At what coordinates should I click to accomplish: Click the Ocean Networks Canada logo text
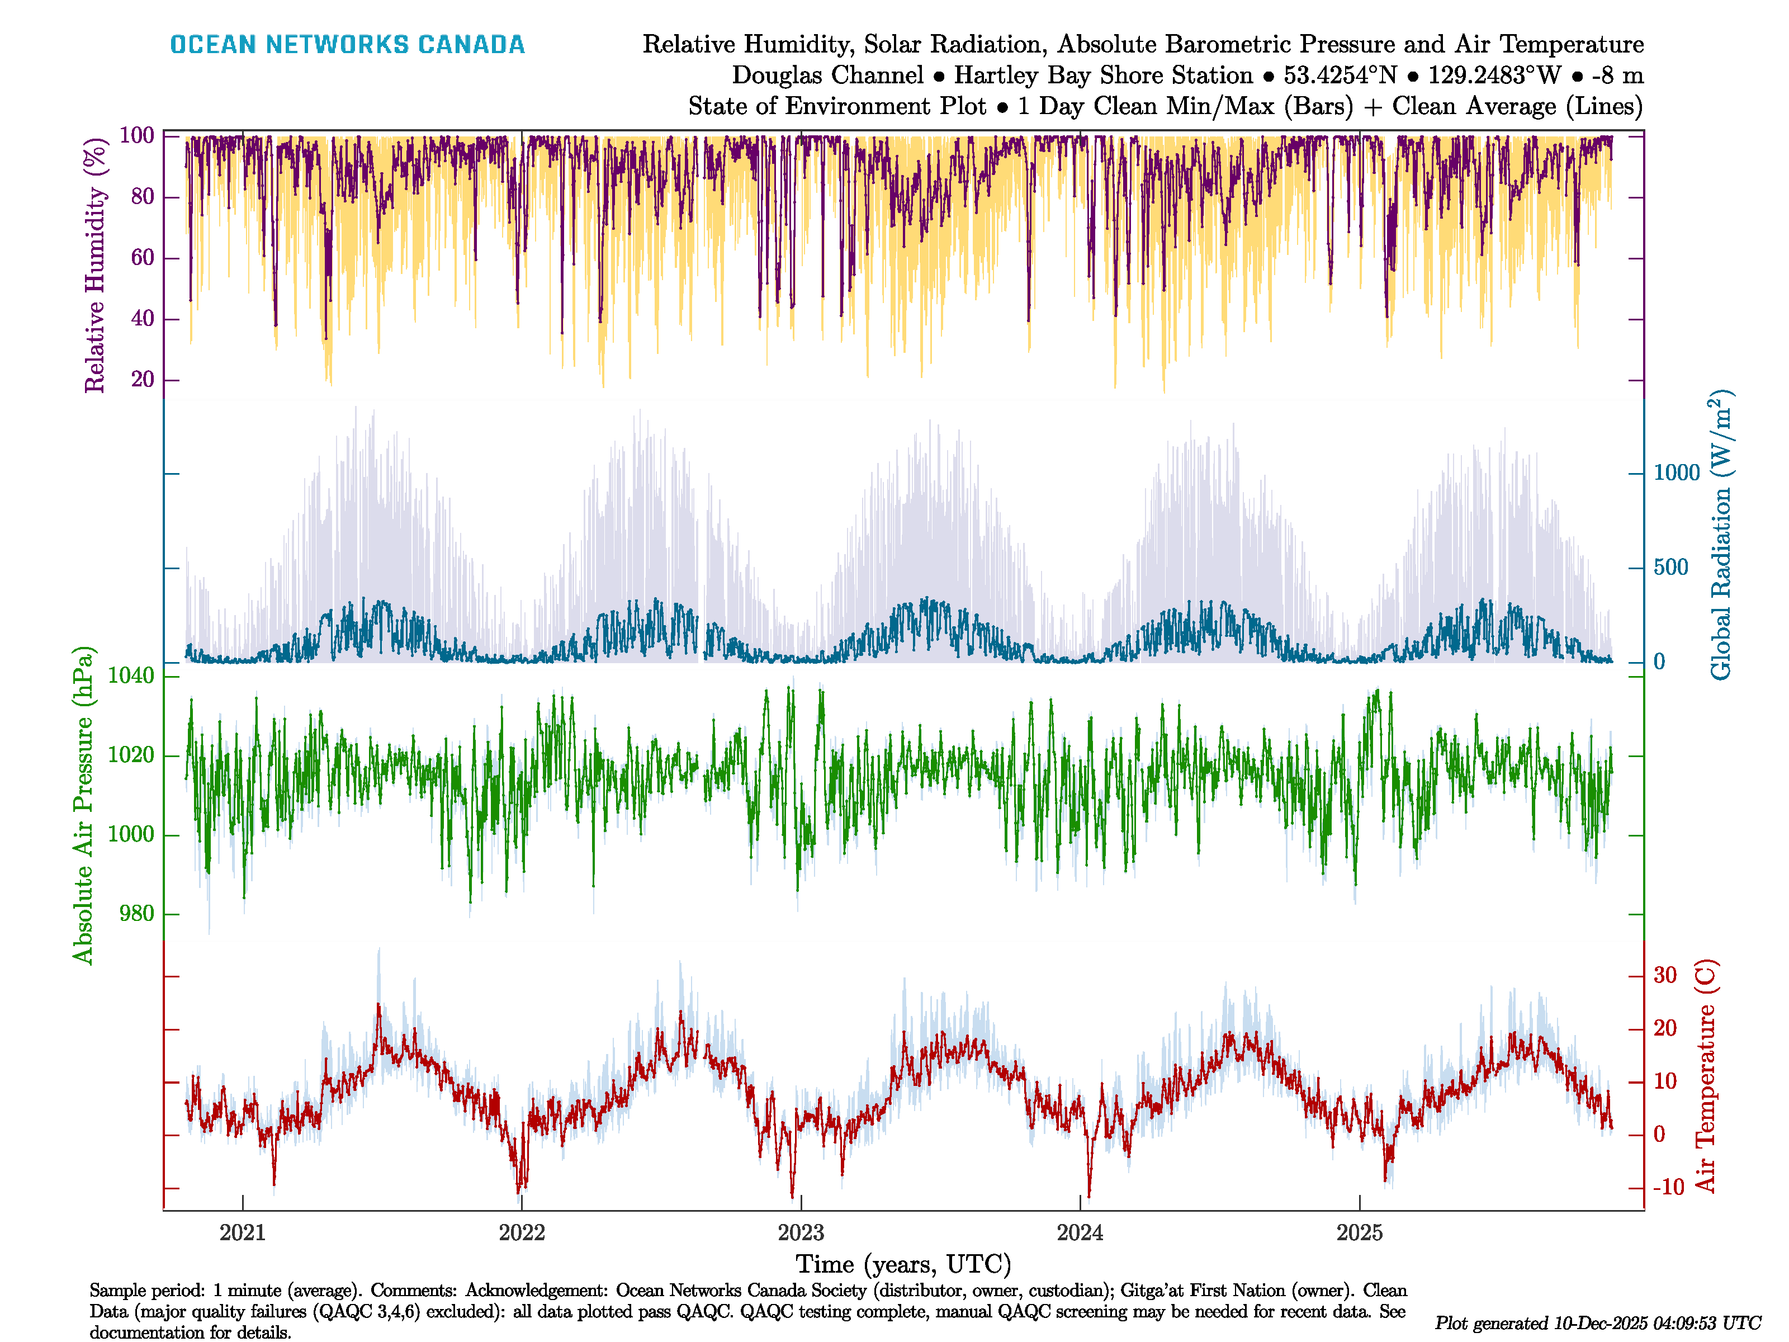[347, 45]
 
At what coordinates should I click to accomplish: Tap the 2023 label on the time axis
[801, 1233]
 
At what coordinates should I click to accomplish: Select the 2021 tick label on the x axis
[243, 1233]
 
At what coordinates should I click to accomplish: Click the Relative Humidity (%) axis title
[96, 266]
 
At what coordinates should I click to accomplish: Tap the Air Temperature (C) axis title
[1705, 1076]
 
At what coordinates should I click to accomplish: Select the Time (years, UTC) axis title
[903, 1264]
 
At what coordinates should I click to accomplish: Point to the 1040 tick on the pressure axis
[131, 675]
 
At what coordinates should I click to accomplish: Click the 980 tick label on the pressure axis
[136, 914]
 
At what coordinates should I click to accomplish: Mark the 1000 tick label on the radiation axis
[1677, 473]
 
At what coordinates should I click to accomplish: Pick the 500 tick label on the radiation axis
[1671, 568]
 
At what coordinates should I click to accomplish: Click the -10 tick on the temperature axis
[1668, 1188]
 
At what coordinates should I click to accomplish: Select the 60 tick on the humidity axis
[143, 258]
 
